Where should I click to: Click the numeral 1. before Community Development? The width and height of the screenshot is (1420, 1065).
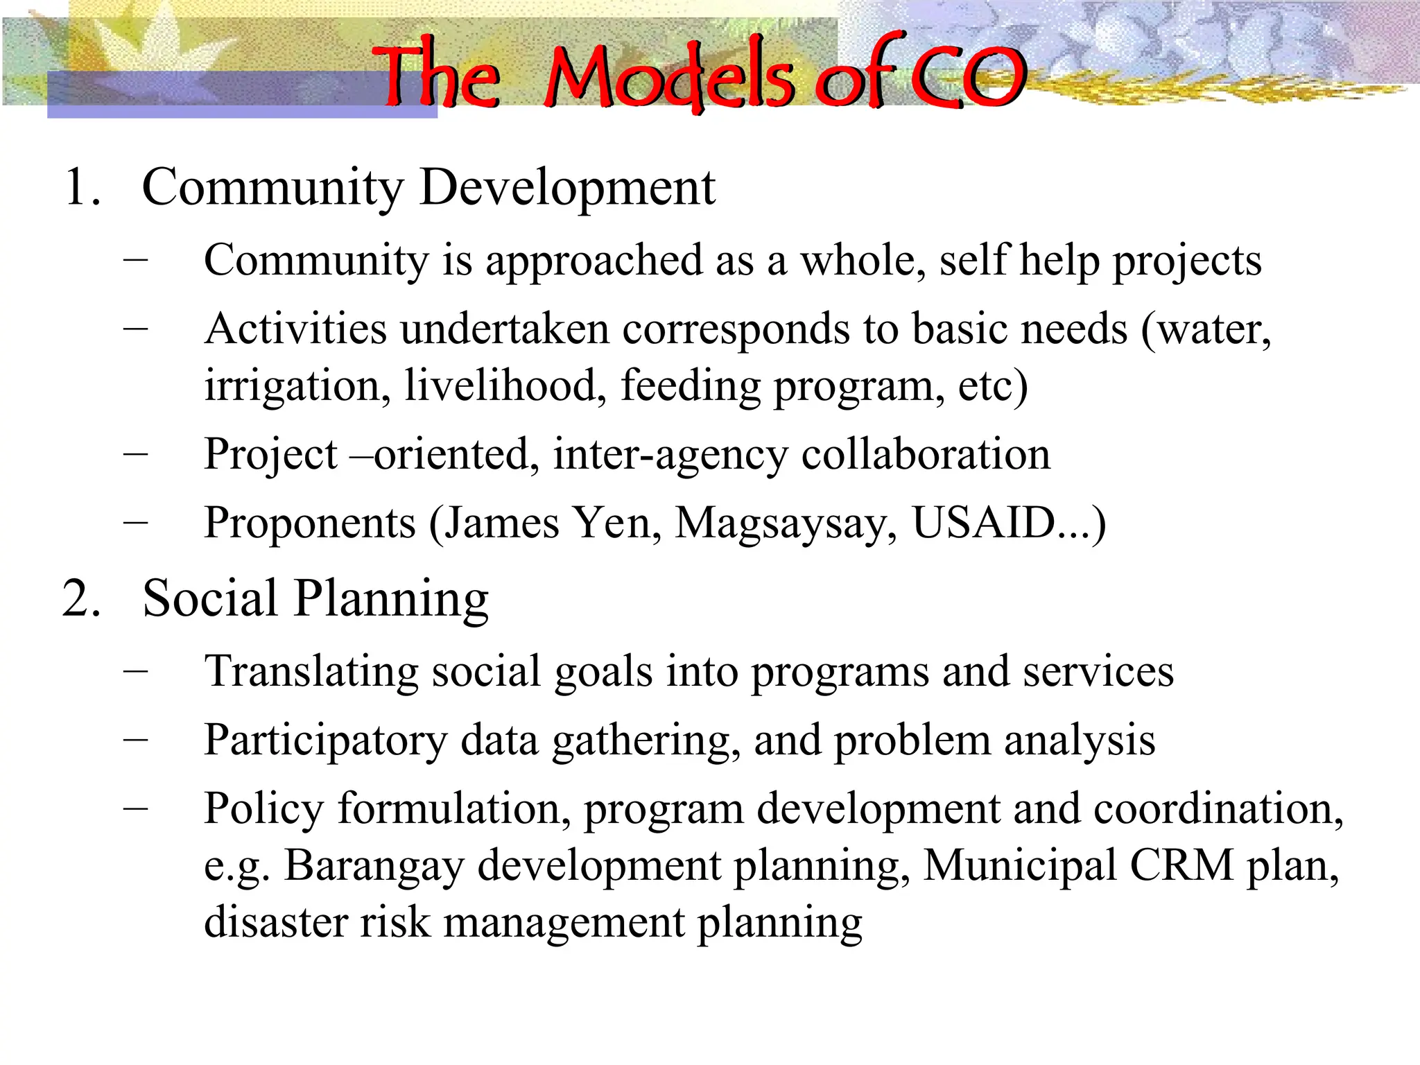point(82,187)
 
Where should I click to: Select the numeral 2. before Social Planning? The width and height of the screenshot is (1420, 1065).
point(82,598)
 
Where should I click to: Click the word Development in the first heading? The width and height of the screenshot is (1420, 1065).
point(567,187)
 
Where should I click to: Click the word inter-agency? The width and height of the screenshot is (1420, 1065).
point(670,456)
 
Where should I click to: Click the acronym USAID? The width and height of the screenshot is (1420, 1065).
point(983,522)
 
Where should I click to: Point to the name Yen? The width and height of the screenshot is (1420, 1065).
point(617,522)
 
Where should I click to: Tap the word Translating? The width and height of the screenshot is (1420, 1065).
point(311,672)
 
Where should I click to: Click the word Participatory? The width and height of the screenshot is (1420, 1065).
point(325,741)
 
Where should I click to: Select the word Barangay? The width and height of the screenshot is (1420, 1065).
point(374,867)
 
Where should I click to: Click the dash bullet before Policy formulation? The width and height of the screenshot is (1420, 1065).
point(136,808)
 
